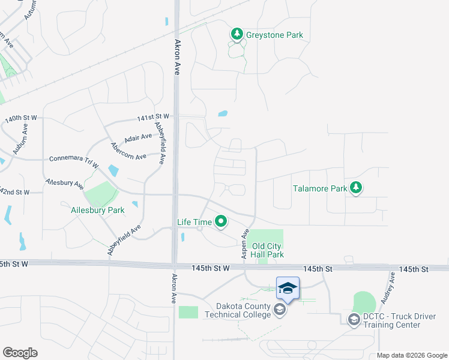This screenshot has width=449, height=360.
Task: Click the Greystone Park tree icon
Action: coord(237,34)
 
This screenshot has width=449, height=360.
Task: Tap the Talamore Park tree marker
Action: coord(357,188)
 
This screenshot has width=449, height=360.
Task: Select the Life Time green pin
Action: coord(221,222)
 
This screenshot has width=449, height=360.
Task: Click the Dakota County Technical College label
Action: coord(238,309)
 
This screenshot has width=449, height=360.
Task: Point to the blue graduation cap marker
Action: coord(288,289)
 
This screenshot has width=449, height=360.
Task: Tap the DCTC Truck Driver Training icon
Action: coord(354,319)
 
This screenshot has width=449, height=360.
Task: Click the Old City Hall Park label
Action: coord(267,250)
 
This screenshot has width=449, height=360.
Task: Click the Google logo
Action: coord(20,353)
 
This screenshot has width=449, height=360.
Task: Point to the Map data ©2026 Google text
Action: coord(412,355)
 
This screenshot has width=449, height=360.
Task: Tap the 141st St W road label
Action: coord(153,116)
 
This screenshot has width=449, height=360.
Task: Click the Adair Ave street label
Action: coord(138,138)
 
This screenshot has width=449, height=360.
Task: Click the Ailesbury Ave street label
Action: coord(64,183)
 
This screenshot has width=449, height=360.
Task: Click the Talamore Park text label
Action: coord(320,188)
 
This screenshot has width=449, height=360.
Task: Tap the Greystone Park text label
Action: coord(276,35)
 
